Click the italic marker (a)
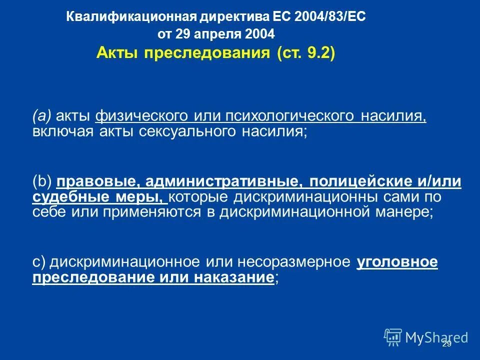coord(42,116)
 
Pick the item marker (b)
coord(42,182)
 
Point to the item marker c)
coord(39,262)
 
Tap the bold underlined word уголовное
coord(397,262)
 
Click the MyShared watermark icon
coord(393,336)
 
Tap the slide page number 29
coord(446,344)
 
